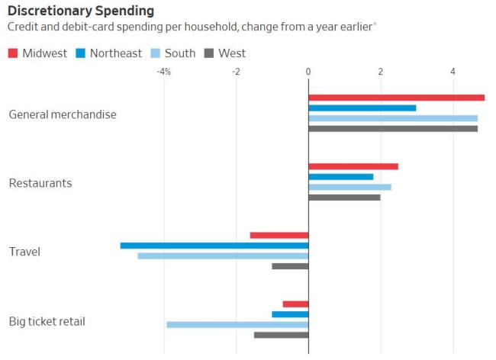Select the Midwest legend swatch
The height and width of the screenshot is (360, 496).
click(x=13, y=53)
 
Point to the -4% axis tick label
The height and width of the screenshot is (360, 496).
click(x=163, y=72)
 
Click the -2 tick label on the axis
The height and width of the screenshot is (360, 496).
click(x=236, y=72)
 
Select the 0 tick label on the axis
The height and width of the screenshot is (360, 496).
click(x=308, y=72)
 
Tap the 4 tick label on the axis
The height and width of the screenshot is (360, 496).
click(x=453, y=72)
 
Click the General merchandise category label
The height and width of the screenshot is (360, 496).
click(x=63, y=114)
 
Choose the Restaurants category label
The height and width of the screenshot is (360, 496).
click(x=40, y=183)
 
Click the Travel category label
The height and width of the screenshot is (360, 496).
click(x=24, y=252)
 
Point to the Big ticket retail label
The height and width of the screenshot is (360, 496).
click(x=47, y=321)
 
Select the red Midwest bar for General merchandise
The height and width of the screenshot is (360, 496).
click(x=397, y=98)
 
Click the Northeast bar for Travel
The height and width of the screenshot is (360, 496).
click(x=214, y=246)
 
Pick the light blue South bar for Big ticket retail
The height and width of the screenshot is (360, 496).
click(x=237, y=324)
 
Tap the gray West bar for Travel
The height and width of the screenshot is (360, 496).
click(x=290, y=266)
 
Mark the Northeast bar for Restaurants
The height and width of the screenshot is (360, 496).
click(x=341, y=177)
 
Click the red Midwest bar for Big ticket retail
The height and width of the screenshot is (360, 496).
click(x=295, y=304)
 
